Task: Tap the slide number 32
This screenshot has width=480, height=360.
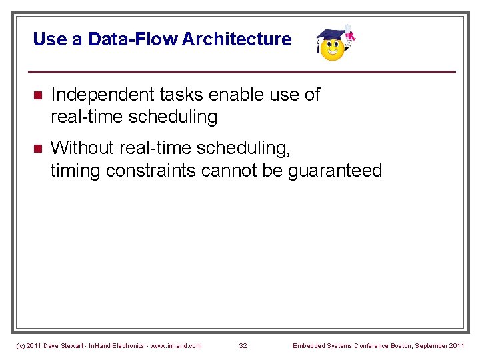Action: [x=243, y=345]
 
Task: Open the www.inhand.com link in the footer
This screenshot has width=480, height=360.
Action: [x=176, y=345]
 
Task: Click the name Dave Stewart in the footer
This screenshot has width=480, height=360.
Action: [x=64, y=345]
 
